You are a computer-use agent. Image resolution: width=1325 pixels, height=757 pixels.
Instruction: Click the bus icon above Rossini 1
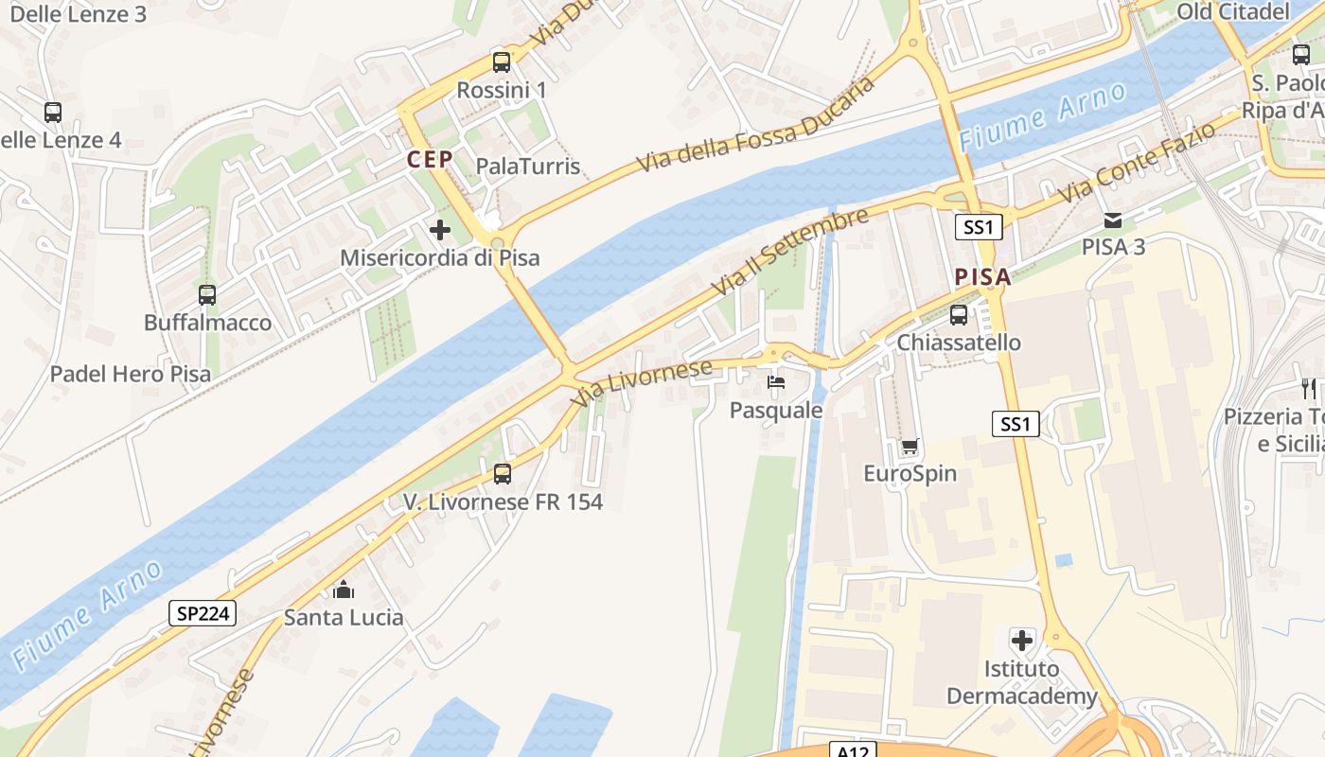pos(502,62)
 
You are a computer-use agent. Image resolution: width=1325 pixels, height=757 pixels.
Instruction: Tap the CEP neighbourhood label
pos(430,160)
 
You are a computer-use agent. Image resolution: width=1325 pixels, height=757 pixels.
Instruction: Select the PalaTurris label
pos(527,167)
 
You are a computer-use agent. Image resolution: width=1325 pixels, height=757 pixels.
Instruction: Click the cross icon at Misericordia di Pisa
pos(439,229)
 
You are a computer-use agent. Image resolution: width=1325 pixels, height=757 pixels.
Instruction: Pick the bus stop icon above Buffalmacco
pos(207,294)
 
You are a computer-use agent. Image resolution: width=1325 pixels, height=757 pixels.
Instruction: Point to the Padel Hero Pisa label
pos(131,374)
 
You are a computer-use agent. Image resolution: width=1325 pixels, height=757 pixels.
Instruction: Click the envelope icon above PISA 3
pos(1113,220)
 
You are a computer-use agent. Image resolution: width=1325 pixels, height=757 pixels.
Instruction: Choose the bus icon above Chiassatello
pos(959,314)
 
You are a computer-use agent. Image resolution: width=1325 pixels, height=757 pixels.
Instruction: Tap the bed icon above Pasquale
pos(775,382)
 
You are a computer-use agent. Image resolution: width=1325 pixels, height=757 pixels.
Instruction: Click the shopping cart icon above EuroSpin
pos(910,446)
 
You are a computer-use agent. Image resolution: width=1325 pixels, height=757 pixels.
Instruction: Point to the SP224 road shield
pos(203,613)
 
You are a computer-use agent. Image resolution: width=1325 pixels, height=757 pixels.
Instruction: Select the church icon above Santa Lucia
pos(344,590)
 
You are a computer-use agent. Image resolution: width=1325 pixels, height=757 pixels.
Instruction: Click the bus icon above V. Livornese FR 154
pos(503,473)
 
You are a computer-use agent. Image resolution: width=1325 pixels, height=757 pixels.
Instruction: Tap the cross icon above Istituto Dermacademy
pos(1022,641)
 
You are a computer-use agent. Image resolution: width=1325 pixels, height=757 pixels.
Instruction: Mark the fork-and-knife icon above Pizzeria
pos(1309,388)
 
